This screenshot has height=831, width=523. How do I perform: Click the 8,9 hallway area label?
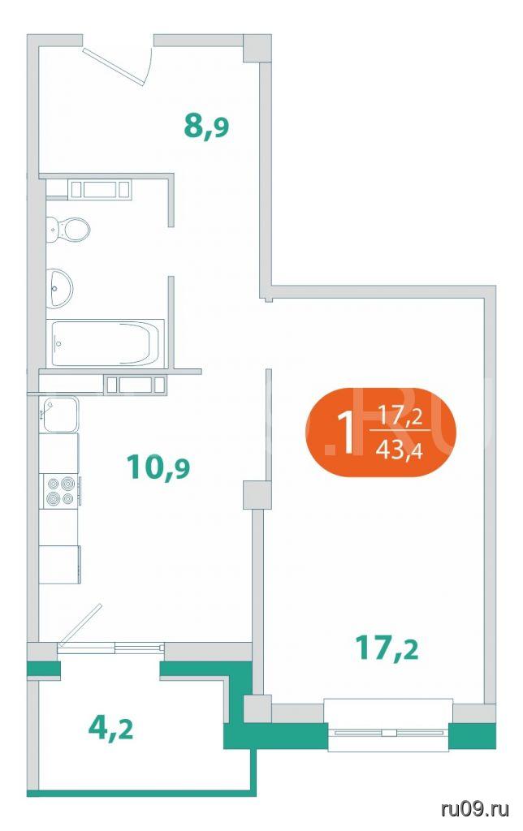206,127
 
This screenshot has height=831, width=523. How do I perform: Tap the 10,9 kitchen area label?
158,467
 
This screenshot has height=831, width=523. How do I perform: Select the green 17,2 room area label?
387,648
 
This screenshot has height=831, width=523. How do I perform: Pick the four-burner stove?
60,491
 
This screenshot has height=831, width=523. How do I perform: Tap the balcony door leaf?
80,625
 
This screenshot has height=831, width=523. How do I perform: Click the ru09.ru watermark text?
475,809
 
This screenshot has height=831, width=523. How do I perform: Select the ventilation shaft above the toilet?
100,189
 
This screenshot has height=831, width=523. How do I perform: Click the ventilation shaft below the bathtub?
136,385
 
